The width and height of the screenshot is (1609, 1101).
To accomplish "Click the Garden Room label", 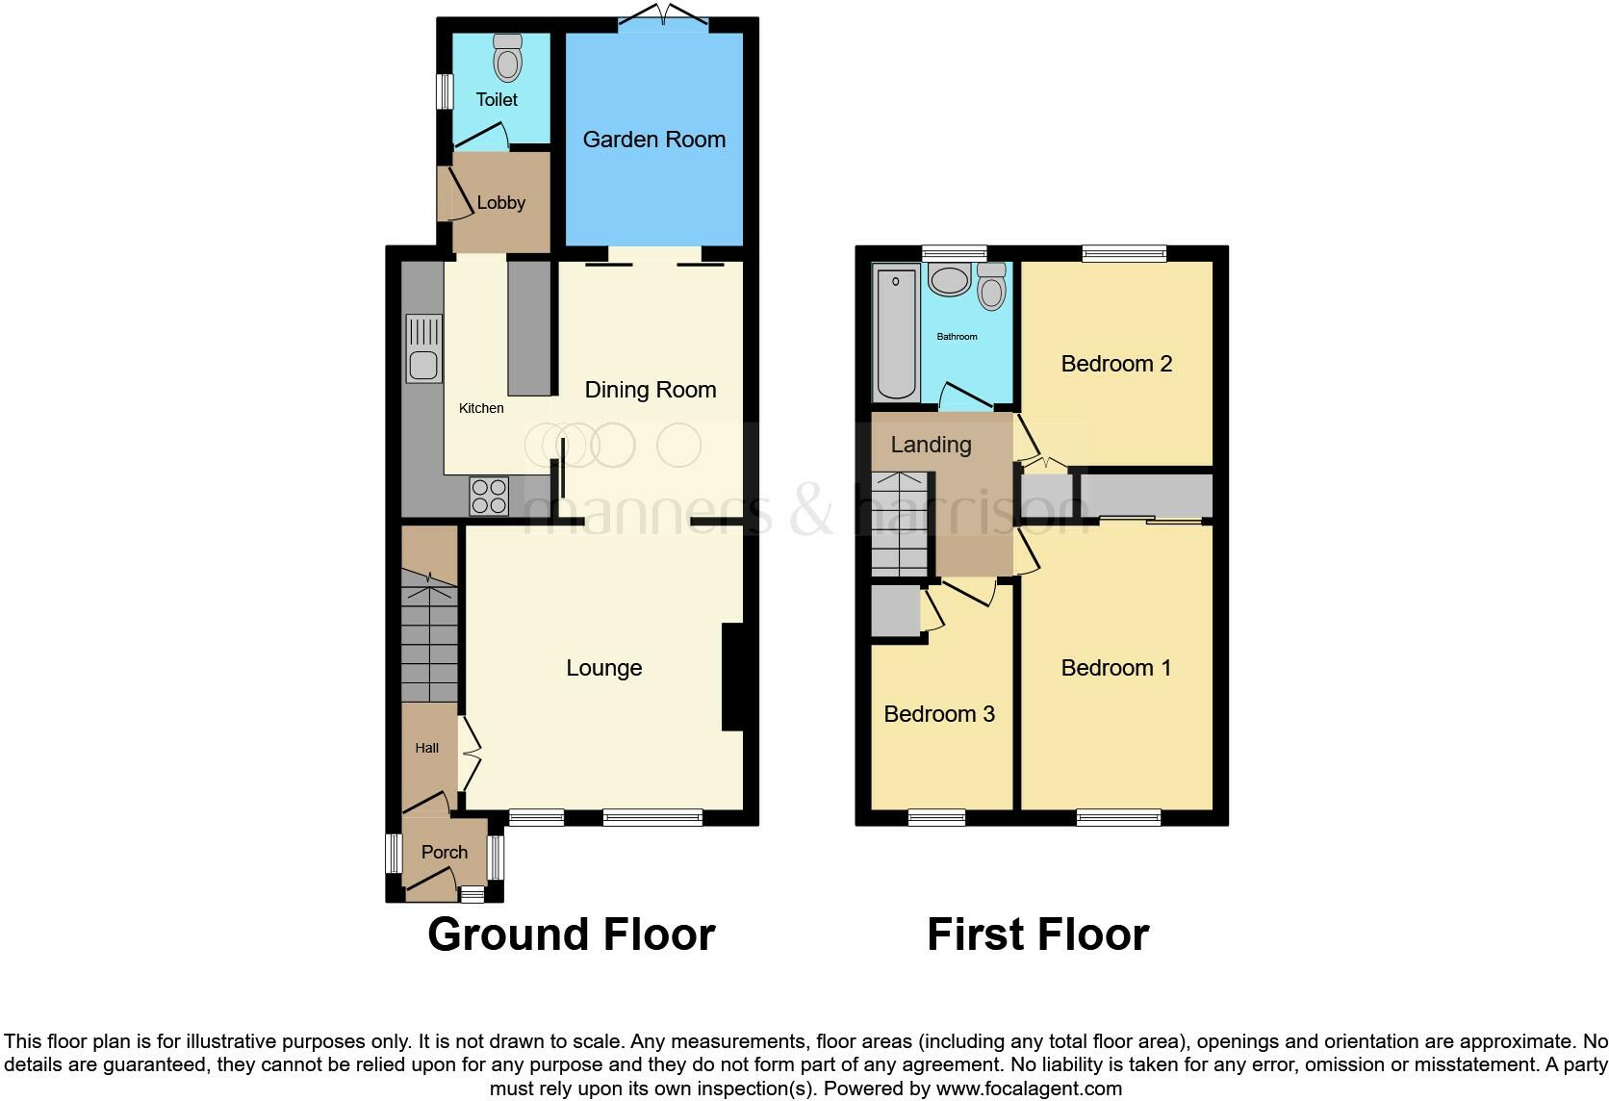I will coord(653,140).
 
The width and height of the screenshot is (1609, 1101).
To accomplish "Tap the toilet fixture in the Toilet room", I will coord(507,59).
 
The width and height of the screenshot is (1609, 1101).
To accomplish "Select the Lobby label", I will coord(501,202).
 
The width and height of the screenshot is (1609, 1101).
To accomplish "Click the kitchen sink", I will coord(423,348).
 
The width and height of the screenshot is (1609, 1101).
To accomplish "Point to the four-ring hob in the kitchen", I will coord(489,497).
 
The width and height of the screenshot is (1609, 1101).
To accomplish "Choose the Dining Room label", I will coord(651,390).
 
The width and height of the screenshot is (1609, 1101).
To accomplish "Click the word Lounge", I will coord(603,668).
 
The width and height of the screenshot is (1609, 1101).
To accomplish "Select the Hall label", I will coord(427,748).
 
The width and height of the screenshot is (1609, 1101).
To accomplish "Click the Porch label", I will coord(445,852).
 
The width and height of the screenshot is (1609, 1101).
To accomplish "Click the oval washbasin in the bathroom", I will coord(950,281).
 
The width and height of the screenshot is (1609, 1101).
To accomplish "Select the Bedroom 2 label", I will coord(1116,364).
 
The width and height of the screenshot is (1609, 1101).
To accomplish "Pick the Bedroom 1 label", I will coord(1116,668).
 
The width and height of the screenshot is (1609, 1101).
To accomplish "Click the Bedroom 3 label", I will coord(939,714).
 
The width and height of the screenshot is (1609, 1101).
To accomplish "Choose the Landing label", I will coord(931,445).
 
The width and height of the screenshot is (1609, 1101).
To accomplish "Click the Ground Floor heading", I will coord(572,935).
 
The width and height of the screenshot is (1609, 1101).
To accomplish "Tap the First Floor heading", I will coord(1037,935).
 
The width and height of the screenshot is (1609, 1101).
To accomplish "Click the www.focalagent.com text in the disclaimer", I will coord(1029,1088).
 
